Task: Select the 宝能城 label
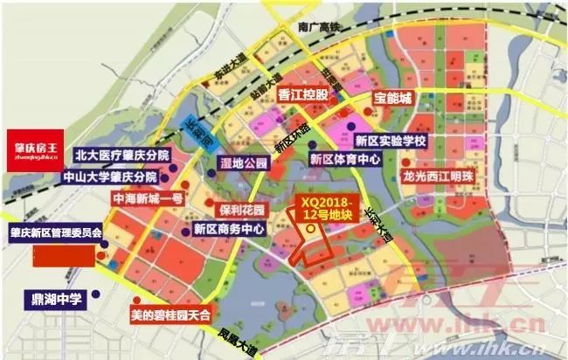tap(391, 98)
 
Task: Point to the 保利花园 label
tap(241, 211)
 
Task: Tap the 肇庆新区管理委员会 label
tap(56, 234)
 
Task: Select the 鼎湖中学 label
tap(52, 299)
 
